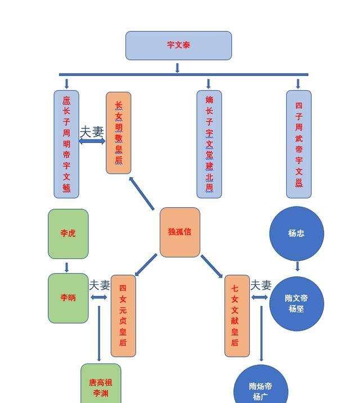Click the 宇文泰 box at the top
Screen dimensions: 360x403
[x=178, y=46]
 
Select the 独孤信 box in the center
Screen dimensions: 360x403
[x=180, y=232]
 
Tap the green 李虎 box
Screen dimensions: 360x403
[x=68, y=234]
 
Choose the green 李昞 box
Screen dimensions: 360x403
[x=68, y=298]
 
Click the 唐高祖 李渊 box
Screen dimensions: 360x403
[x=101, y=383]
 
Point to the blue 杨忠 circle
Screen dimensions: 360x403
[x=296, y=234]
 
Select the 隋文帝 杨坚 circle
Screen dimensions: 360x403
[x=296, y=303]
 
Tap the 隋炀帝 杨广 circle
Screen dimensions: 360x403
[x=261, y=384]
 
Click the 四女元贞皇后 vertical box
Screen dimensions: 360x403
[x=123, y=316]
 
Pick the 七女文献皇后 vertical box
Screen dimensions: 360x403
[x=237, y=316]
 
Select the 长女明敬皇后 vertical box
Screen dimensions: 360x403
[x=118, y=133]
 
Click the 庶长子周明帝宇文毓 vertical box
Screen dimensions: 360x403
[x=66, y=144]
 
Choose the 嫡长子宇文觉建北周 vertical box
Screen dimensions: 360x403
[x=209, y=144]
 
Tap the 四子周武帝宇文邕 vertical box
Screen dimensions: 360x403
[x=299, y=144]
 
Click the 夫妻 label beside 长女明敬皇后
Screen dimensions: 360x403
[x=92, y=132]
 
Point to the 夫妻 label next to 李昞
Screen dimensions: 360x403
[x=100, y=285]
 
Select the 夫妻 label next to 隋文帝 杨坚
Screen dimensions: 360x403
[x=261, y=285]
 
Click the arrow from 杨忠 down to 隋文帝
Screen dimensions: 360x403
[x=298, y=266]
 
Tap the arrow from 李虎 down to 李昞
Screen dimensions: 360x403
[x=66, y=267]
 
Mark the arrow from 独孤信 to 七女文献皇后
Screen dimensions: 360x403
[x=212, y=266]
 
